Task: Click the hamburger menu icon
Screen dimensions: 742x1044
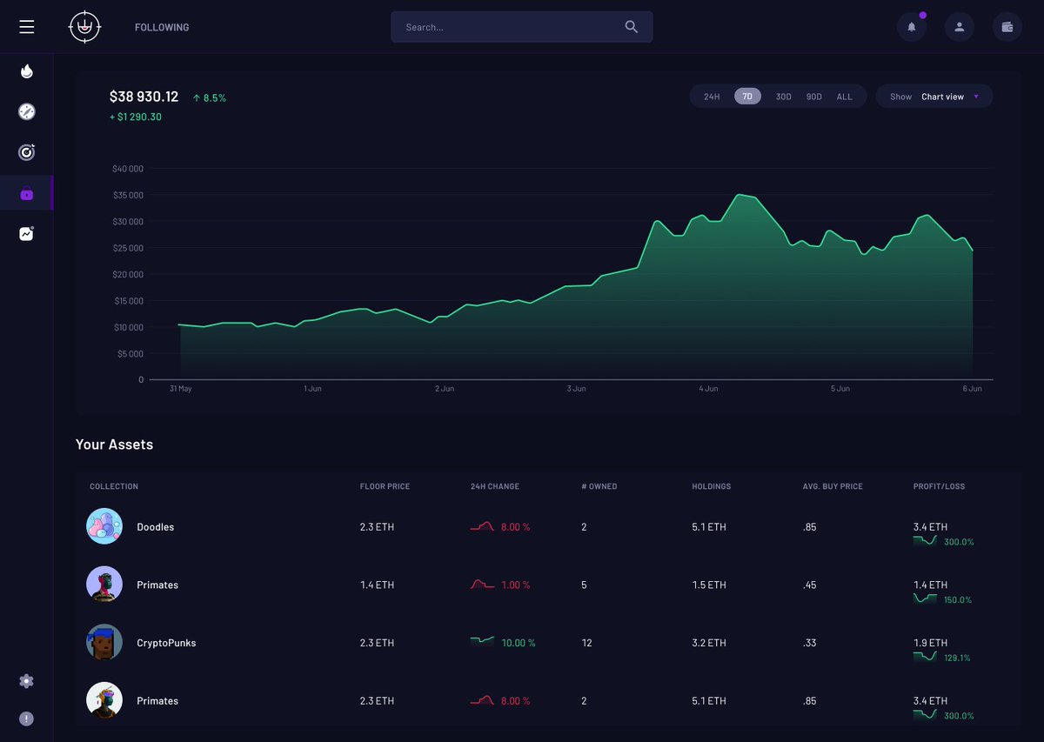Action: [27, 27]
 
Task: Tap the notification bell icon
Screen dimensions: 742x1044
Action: [911, 27]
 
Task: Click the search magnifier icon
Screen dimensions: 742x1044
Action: [632, 27]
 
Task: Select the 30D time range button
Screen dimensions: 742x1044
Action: [783, 97]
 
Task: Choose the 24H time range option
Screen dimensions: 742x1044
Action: [712, 97]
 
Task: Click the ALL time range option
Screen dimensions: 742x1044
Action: [844, 97]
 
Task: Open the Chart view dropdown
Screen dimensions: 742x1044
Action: [934, 97]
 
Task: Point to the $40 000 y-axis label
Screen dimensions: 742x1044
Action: [128, 169]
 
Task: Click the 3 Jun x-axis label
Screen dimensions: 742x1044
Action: [576, 389]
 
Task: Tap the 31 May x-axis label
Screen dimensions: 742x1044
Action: [181, 389]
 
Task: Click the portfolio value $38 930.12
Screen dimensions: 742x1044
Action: [144, 97]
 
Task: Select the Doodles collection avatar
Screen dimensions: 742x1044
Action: [104, 526]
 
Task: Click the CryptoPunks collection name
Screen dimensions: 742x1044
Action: [166, 643]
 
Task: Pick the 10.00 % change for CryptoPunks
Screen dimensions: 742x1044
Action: [519, 643]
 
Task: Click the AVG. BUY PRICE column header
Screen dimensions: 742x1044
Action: [833, 486]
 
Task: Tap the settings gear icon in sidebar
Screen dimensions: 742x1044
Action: [27, 681]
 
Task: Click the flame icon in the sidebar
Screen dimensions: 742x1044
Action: [27, 71]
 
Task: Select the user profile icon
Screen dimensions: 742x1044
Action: [959, 27]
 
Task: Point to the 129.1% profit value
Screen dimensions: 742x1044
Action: [957, 658]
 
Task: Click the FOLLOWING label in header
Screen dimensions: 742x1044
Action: [162, 27]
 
